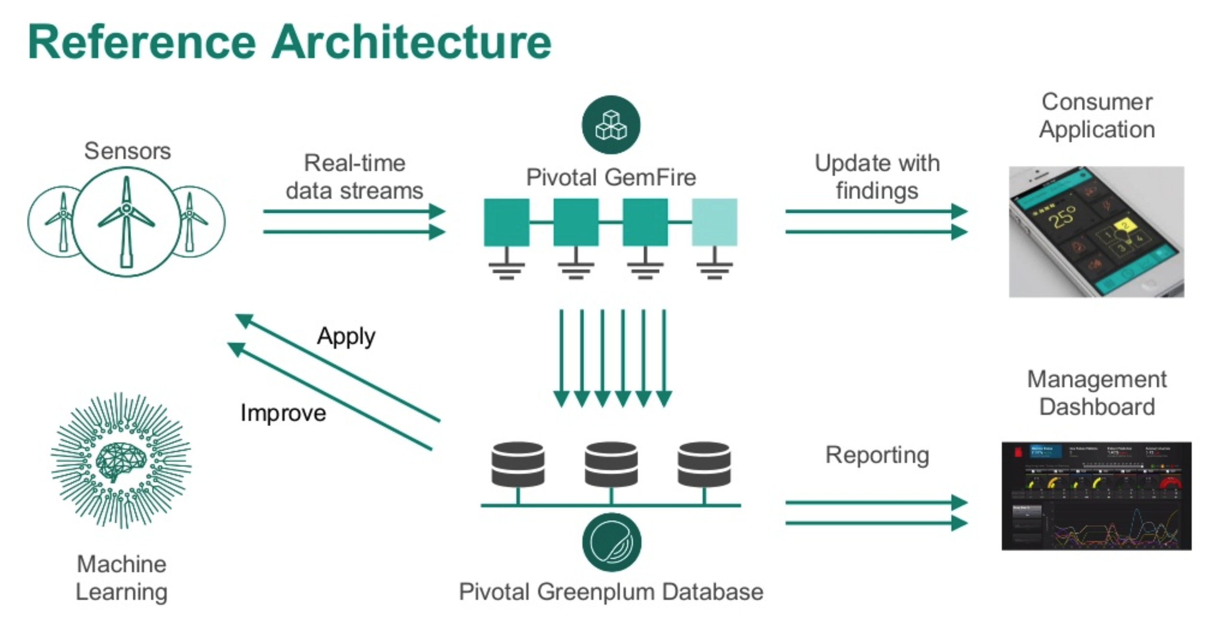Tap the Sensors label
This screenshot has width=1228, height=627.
[x=127, y=151]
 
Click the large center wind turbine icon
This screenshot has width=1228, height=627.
[x=126, y=221]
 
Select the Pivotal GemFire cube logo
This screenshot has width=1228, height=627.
[x=611, y=125]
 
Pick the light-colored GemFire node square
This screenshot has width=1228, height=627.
[x=714, y=222]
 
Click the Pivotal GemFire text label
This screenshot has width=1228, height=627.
[x=611, y=177]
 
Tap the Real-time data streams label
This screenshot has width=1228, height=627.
[x=354, y=177]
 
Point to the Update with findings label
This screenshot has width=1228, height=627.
[x=877, y=177]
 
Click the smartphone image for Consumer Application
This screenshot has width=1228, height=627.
[x=1096, y=232]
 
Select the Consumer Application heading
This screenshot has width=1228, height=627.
[x=1097, y=116]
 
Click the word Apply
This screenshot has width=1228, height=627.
[x=346, y=336]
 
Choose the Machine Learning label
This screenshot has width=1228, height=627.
[x=122, y=578]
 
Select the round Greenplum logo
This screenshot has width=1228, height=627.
[x=611, y=542]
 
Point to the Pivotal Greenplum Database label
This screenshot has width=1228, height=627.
[x=611, y=592]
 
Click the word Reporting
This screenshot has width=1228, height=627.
[x=877, y=455]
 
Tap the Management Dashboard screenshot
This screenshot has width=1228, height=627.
[x=1096, y=496]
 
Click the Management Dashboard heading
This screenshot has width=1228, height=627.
[x=1097, y=393]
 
